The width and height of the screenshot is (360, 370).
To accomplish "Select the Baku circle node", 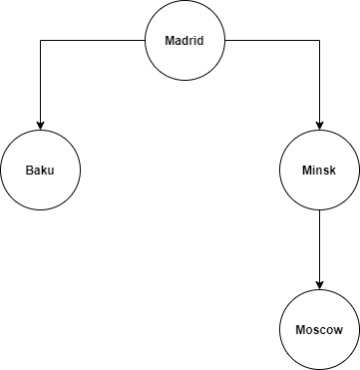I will tap(40, 170).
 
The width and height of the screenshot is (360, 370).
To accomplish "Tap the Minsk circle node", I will tap(319, 170).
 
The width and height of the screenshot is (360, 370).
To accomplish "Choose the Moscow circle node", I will tap(319, 329).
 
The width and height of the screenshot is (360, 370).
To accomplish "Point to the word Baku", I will tap(40, 170).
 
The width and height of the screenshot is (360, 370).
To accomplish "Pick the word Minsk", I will tap(319, 170).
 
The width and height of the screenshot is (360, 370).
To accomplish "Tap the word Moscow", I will tap(319, 330).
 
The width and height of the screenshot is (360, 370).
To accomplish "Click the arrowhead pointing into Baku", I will tap(40, 125).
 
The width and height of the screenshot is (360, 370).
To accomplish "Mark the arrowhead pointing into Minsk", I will tap(319, 125).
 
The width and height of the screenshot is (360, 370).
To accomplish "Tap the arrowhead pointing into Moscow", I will tap(319, 284).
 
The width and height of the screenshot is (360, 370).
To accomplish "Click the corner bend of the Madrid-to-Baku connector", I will tap(40, 41).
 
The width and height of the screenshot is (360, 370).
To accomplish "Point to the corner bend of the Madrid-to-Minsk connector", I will tap(319, 41).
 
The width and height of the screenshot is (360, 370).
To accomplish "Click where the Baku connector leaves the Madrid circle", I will tap(147, 41).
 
